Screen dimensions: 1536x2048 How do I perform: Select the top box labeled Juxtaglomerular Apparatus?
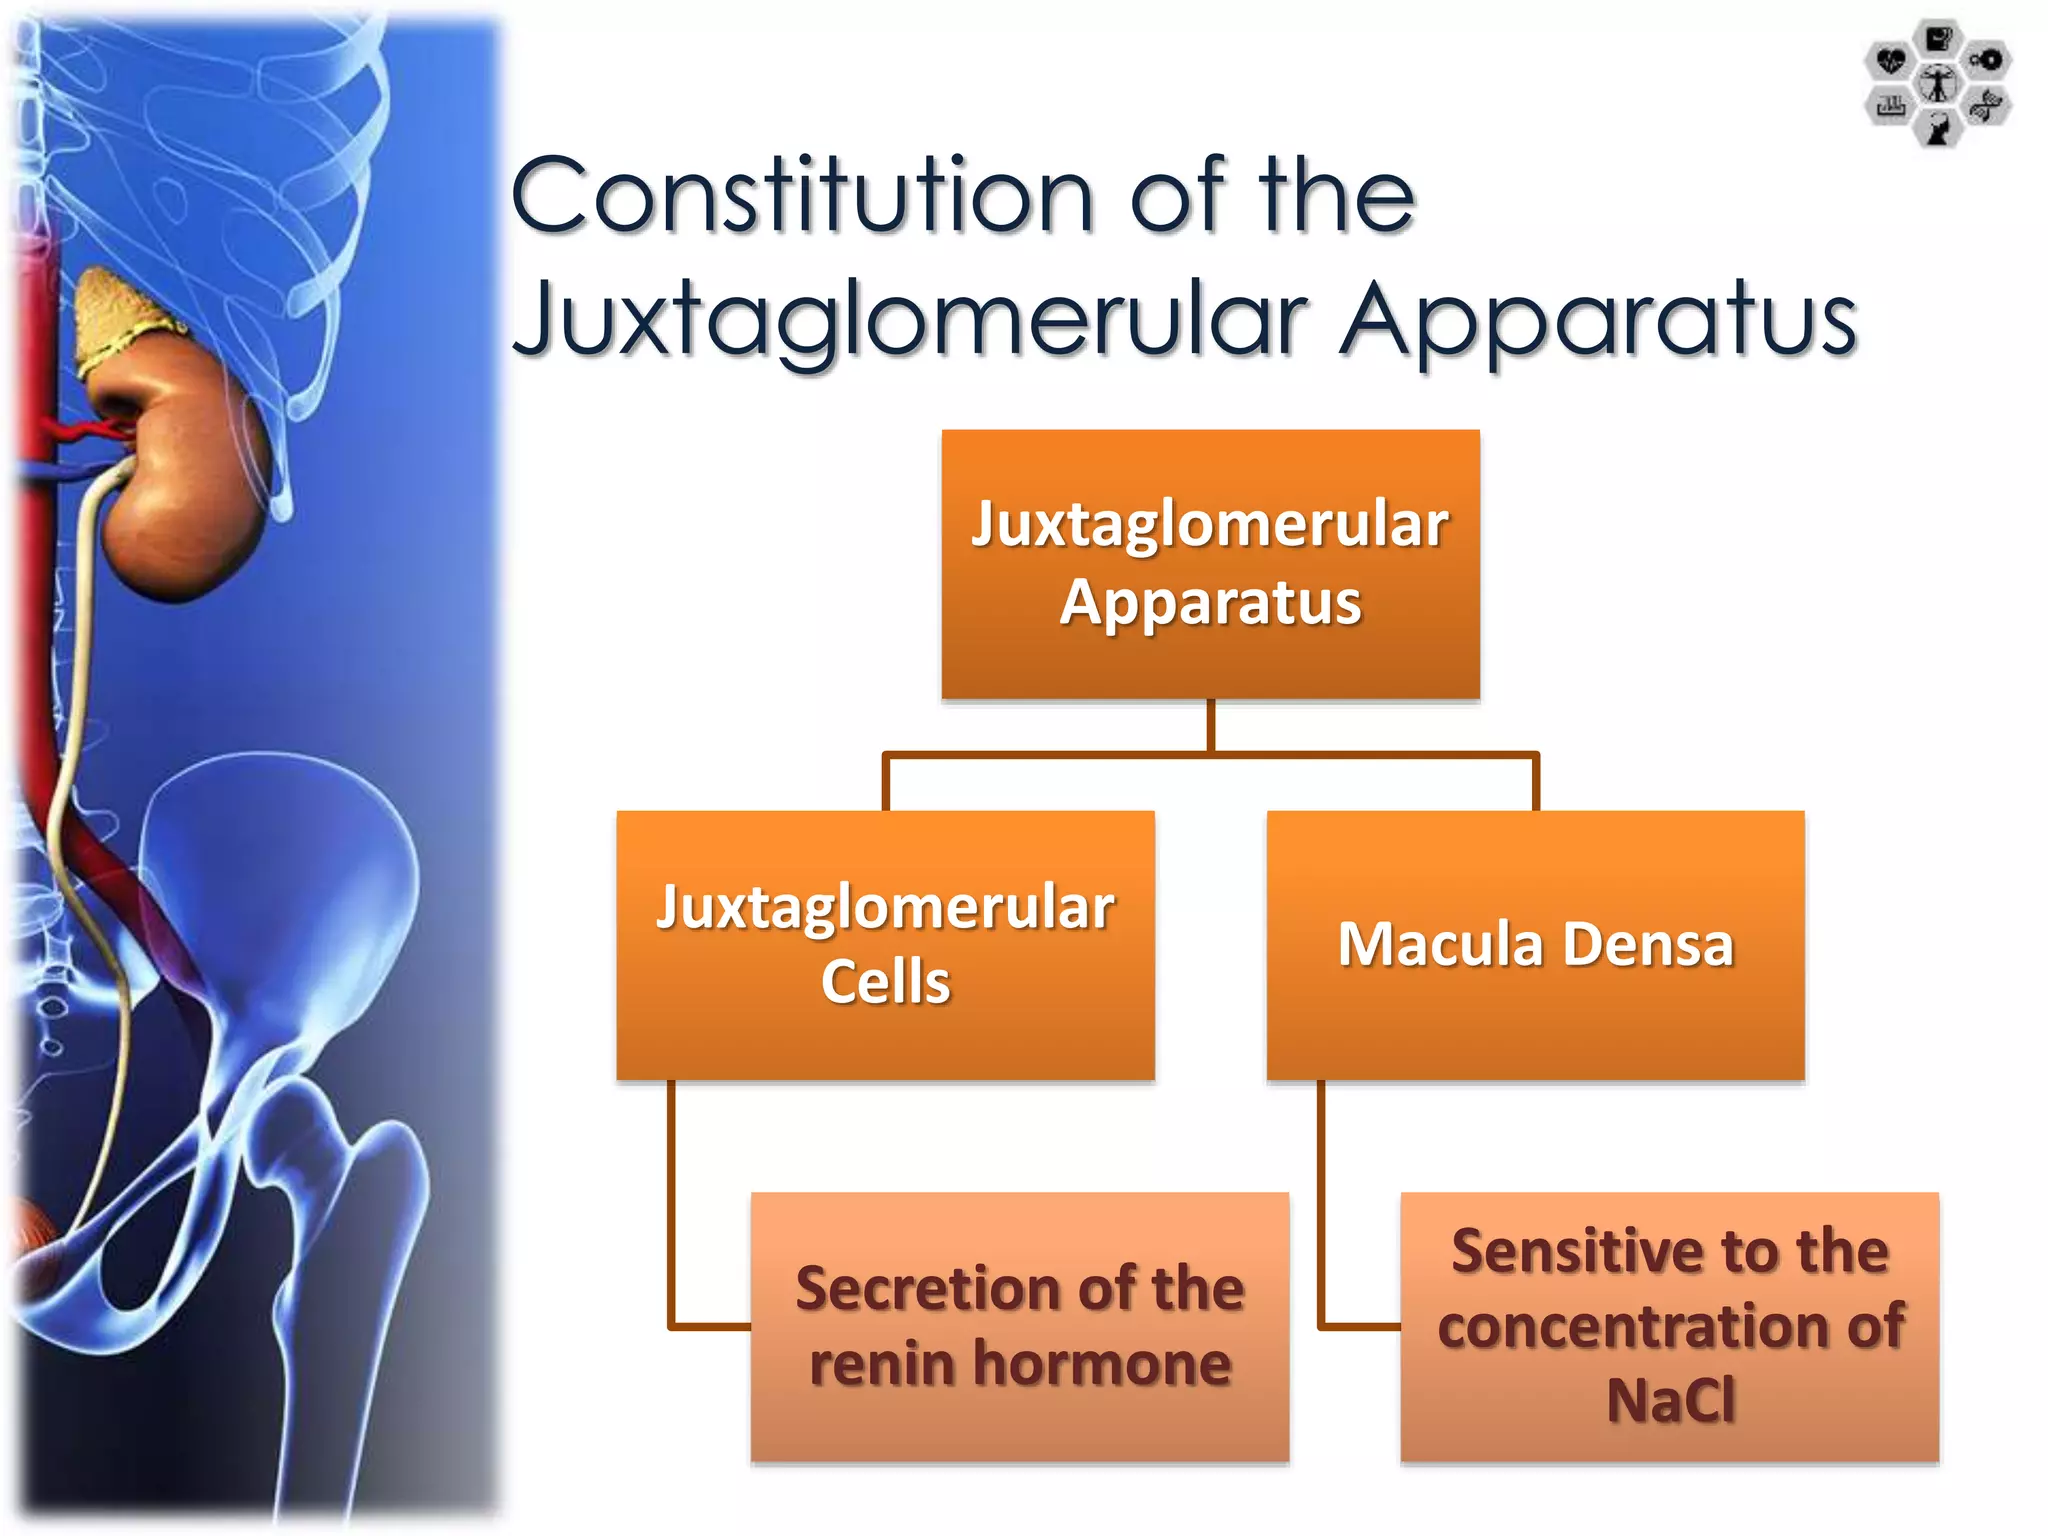(x=1210, y=564)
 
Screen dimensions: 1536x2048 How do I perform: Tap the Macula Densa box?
(x=1535, y=944)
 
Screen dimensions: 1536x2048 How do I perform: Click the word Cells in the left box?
(x=885, y=982)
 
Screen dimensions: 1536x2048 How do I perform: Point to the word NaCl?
(x=1670, y=1400)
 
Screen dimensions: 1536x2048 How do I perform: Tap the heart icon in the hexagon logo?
(x=1890, y=61)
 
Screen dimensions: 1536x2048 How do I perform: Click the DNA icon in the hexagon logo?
(x=1986, y=106)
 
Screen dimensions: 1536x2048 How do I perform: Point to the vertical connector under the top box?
(x=1210, y=726)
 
